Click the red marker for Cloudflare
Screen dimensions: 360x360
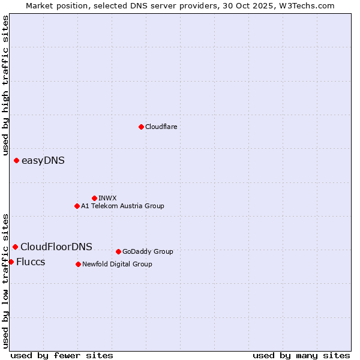141,127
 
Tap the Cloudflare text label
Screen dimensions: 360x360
161,127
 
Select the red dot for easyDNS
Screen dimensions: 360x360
16,160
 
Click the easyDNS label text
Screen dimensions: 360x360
43,160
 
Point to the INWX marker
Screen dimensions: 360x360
94,198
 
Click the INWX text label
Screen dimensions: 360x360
107,198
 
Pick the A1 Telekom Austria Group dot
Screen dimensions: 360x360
77,206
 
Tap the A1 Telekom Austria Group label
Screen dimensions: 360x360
122,206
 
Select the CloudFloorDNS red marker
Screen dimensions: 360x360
15,247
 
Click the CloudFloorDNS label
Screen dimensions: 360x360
56,247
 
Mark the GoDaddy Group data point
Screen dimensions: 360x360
118,251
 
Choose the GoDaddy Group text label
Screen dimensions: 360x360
148,251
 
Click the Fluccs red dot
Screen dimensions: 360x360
11,262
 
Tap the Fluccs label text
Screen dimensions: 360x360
31,262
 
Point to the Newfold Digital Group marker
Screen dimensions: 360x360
78,264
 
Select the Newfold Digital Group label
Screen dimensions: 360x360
117,264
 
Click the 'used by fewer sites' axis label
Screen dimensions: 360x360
62,355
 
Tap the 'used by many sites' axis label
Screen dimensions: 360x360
301,355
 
